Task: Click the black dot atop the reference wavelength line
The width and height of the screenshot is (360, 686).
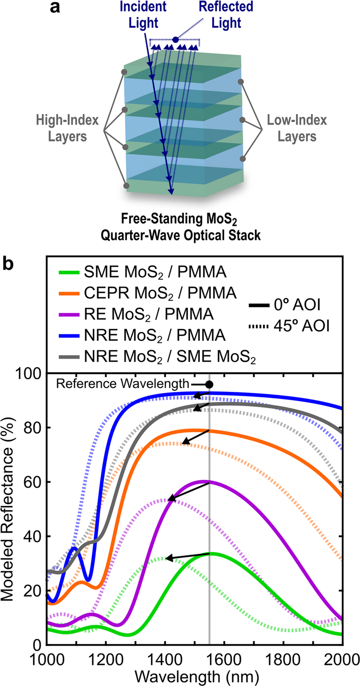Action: pyautogui.click(x=209, y=384)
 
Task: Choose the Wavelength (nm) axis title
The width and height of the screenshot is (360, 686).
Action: pyautogui.click(x=194, y=675)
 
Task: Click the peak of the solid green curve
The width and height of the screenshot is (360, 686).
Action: pyautogui.click(x=210, y=553)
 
